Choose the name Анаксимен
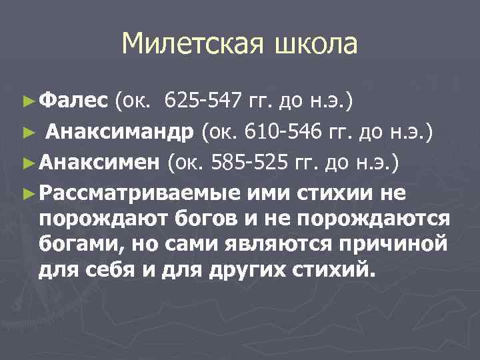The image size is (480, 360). point(99,162)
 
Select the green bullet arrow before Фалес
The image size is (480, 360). point(27,102)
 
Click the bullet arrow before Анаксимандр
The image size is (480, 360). point(27,132)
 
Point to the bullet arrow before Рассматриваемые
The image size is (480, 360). point(27,193)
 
